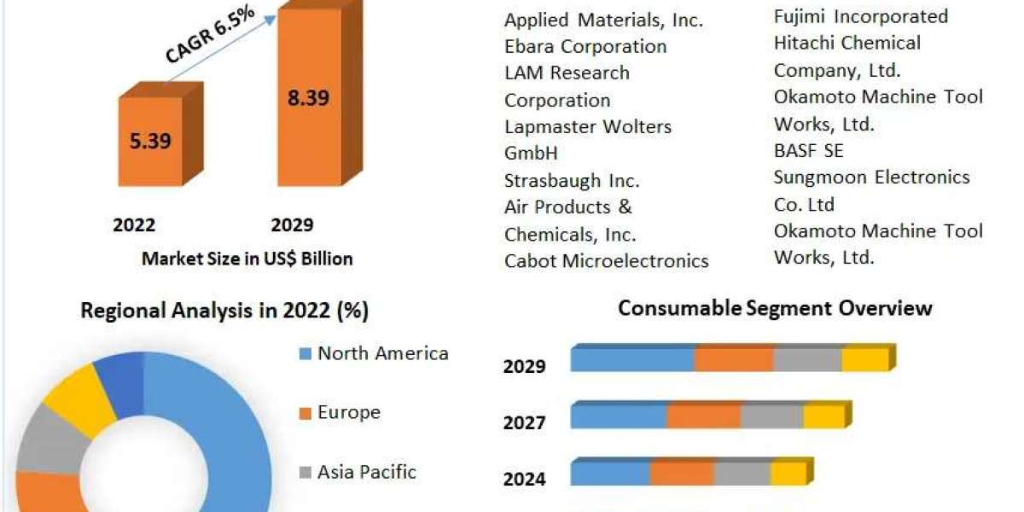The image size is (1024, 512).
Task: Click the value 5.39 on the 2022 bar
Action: pos(149,141)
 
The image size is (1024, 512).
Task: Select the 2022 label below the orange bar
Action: pos(134,225)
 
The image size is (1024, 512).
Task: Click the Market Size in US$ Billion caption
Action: pos(247,259)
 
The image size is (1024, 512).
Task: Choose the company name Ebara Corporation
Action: pos(585,46)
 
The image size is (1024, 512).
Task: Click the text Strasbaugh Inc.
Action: pos(572,181)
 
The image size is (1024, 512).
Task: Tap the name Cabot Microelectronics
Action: pos(606,261)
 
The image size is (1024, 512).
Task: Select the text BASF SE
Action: pos(808,150)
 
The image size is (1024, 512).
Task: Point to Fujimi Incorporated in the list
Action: pos(860,16)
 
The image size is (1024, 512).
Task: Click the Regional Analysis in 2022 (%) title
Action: pos(224,311)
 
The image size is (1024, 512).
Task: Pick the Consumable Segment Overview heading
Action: pos(775,308)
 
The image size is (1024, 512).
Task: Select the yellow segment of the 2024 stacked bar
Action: pos(788,474)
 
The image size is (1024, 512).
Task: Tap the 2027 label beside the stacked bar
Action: pos(524,422)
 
